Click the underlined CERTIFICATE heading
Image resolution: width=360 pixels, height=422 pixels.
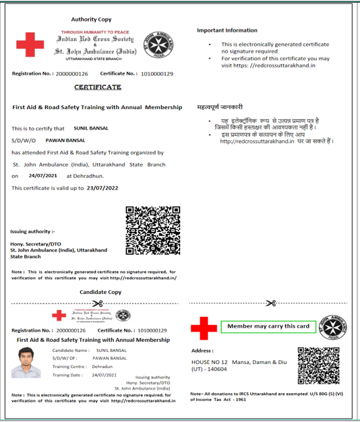[x=98, y=88]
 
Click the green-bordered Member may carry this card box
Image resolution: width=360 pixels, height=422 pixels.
[x=268, y=327]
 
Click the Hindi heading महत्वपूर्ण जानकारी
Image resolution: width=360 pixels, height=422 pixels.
[x=220, y=107]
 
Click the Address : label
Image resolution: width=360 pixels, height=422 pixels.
[x=202, y=351]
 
